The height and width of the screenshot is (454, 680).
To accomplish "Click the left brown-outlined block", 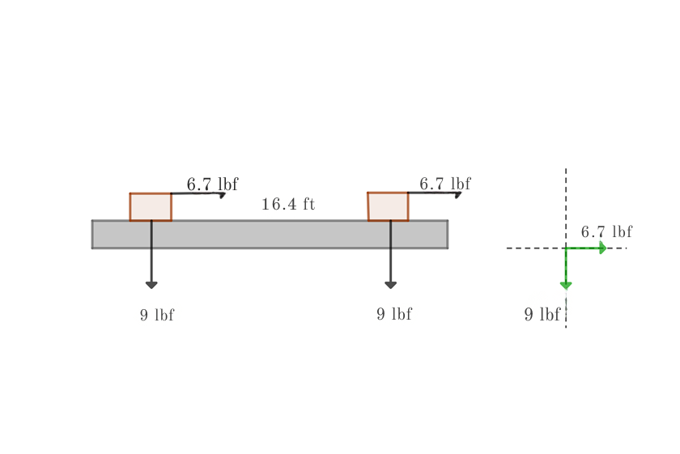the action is tap(151, 207).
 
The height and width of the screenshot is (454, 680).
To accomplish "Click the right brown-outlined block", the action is tap(388, 206).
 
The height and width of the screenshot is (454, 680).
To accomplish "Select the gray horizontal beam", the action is tap(270, 234).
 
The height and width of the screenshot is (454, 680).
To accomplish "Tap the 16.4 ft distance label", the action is tap(288, 204).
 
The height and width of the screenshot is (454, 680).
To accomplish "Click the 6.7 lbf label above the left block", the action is tap(212, 184).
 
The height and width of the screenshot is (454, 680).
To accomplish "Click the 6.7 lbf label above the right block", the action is tap(445, 184).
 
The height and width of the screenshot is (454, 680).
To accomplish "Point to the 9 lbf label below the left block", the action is tap(157, 315).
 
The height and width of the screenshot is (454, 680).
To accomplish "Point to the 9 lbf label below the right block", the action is tap(394, 314).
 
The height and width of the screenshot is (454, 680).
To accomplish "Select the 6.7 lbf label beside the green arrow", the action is tap(606, 231).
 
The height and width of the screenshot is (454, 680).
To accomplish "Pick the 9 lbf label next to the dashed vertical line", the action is tap(542, 314).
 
